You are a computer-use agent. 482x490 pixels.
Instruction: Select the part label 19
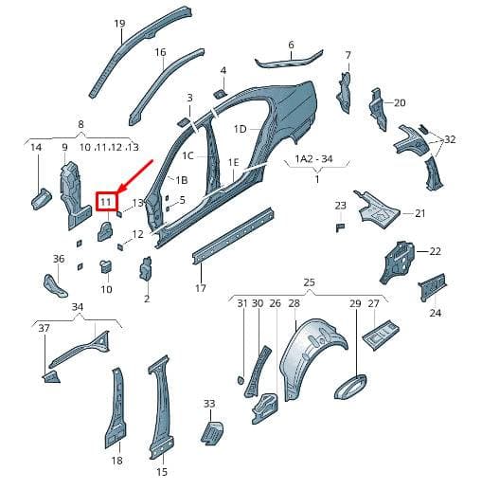tap(119, 24)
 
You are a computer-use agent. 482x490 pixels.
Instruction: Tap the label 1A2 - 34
tap(313, 158)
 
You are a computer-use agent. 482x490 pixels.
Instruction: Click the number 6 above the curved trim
tap(291, 45)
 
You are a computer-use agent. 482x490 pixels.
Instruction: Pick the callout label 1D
tap(240, 129)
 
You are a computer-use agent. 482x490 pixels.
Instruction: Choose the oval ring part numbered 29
tap(350, 387)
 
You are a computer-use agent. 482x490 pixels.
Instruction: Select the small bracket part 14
tap(42, 198)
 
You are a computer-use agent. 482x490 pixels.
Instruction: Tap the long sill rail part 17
tap(233, 236)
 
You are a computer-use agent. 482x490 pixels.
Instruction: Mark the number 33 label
tap(209, 404)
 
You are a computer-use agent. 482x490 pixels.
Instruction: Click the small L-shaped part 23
tap(340, 227)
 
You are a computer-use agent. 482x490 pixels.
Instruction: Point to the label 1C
tap(187, 155)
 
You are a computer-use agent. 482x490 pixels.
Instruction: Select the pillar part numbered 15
tap(161, 407)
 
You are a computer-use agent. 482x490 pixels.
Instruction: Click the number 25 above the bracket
tap(309, 281)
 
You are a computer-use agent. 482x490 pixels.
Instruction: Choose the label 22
tap(435, 251)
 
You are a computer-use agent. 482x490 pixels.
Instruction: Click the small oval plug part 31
tap(241, 380)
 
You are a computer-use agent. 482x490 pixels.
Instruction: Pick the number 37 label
tap(44, 328)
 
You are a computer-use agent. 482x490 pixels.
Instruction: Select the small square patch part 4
tap(220, 94)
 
